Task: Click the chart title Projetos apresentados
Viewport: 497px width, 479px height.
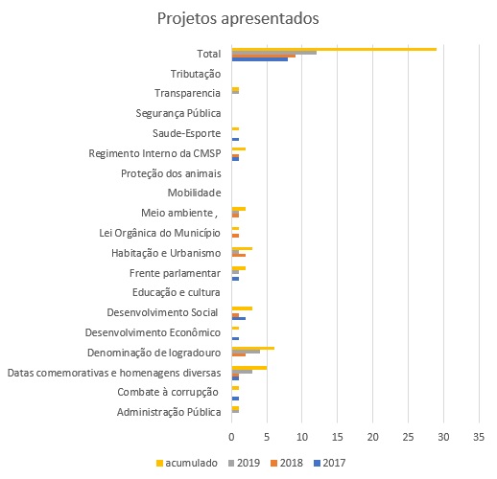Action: click(238, 18)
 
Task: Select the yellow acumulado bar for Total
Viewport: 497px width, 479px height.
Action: click(334, 49)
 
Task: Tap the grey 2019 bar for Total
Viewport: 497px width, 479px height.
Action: click(274, 53)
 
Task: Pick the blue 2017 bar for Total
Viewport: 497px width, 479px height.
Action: click(260, 59)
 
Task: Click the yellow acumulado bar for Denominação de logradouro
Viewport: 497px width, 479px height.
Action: click(253, 349)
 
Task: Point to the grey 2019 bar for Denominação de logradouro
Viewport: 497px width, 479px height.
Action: click(246, 352)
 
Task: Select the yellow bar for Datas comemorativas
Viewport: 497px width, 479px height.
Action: click(249, 368)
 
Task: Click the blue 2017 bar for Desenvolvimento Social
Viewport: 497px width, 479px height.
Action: click(239, 319)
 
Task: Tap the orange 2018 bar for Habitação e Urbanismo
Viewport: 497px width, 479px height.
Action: click(239, 255)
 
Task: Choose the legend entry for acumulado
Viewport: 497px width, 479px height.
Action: click(187, 463)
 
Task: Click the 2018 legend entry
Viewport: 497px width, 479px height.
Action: click(287, 463)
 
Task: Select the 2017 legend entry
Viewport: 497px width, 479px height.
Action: click(330, 463)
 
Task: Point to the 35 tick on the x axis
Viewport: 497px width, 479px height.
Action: click(479, 437)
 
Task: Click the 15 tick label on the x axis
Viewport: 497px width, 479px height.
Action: click(338, 437)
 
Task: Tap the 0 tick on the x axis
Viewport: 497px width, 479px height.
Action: click(231, 437)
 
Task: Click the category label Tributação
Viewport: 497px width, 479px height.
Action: click(196, 74)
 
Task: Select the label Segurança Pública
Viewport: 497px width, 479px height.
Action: click(178, 113)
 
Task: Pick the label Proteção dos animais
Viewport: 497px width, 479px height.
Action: click(171, 173)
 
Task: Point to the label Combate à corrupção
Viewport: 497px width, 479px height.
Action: click(168, 392)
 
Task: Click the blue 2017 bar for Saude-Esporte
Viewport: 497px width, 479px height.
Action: click(235, 139)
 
